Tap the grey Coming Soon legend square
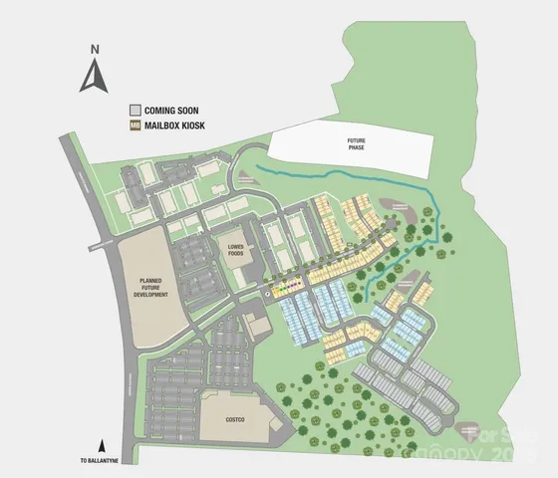pyautogui.click(x=136, y=110)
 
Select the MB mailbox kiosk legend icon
pyautogui.click(x=136, y=126)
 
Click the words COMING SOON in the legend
pyautogui.click(x=171, y=110)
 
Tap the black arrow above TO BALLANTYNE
pyautogui.click(x=101, y=445)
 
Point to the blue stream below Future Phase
pyautogui.click(x=329, y=179)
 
